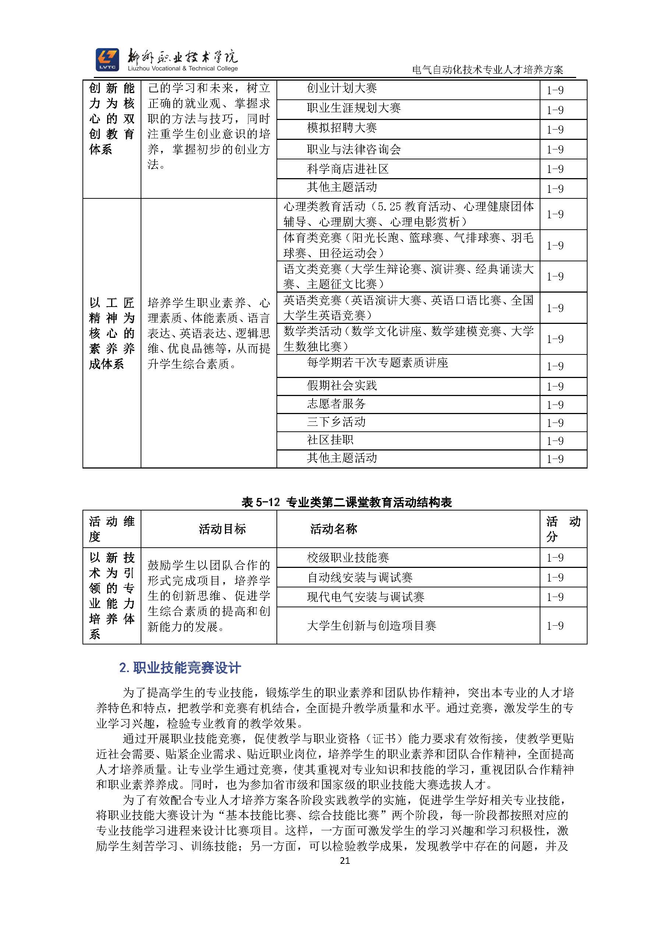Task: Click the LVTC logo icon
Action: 107,59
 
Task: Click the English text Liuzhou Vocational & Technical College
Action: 183,69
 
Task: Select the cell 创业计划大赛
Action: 342,88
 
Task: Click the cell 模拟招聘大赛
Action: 342,128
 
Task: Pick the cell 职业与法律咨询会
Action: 353,149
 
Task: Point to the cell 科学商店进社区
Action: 348,169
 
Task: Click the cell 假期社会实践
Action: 342,386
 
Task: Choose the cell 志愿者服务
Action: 336,404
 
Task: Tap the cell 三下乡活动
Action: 336,422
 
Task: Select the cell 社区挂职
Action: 330,440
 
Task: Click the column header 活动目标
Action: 222,529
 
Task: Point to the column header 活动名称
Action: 334,529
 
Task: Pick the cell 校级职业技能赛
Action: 348,558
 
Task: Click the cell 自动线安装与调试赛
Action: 359,578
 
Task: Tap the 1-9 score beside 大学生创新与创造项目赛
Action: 555,626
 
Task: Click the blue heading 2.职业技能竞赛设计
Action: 180,668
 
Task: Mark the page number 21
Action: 345,861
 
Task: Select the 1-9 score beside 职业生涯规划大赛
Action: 555,110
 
